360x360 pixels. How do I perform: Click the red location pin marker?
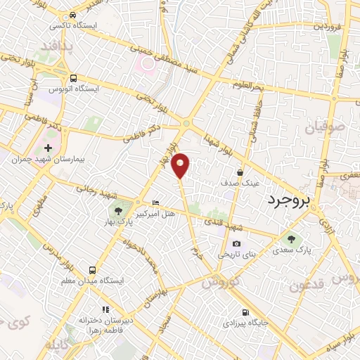pos(181,165)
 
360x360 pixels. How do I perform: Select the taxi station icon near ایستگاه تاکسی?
pos(74,15)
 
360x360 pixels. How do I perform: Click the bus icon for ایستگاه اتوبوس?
pos(73,79)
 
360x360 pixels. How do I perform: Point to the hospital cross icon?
pos(48,149)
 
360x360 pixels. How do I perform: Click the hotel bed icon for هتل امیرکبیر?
pos(155,203)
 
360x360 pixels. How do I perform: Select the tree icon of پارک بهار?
pos(118,211)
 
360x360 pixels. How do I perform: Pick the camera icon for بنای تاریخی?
pos(236,243)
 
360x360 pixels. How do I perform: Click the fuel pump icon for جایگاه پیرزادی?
pos(244,313)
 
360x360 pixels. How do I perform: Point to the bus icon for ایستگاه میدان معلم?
pos(92,269)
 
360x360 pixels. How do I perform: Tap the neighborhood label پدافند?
pos(57,46)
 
